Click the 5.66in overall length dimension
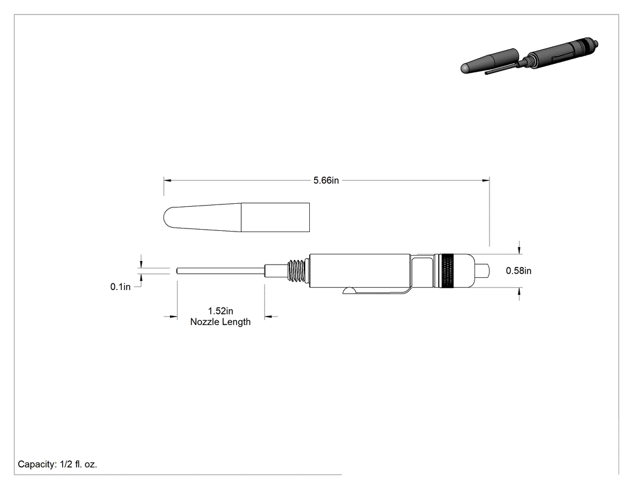326,180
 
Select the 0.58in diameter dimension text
518,271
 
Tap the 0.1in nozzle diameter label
121,286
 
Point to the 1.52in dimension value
221,311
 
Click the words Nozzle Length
221,322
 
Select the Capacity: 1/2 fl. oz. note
57,464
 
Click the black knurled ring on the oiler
447,271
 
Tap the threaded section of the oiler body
298,271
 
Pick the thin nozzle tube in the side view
221,271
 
